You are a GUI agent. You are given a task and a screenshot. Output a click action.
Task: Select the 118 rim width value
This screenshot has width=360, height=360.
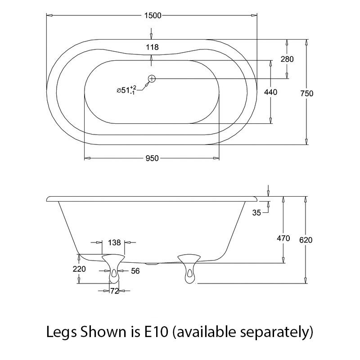click(152, 46)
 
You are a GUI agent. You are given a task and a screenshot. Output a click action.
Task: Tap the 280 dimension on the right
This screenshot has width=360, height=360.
click(287, 59)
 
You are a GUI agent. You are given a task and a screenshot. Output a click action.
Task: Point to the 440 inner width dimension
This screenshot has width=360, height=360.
click(270, 92)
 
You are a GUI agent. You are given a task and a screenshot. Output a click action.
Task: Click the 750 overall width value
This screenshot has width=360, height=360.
click(307, 94)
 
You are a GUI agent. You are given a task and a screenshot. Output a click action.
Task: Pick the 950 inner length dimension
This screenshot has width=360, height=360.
click(152, 158)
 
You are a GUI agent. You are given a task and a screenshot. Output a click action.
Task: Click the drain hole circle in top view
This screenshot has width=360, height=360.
click(152, 79)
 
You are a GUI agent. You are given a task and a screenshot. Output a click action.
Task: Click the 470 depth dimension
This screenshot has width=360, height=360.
click(283, 238)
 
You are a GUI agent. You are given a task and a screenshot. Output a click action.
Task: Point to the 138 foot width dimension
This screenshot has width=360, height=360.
click(114, 243)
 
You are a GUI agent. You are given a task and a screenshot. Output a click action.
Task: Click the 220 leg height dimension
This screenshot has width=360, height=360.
click(80, 269)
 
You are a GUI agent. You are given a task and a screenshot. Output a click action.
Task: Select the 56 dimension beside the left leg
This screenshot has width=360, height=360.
click(135, 270)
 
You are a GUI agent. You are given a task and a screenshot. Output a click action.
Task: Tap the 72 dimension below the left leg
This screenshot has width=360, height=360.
click(114, 291)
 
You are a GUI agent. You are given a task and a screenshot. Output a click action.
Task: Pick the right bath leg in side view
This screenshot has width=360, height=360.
click(189, 269)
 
